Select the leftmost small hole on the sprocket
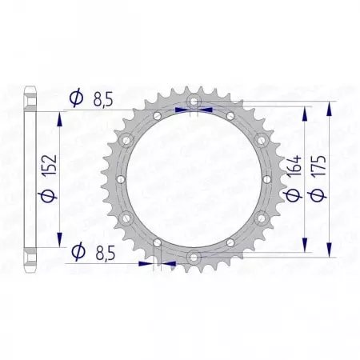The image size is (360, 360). pos(118,179)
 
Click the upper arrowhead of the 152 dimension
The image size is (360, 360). pos(60,114)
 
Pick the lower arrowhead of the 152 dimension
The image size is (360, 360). pos(60,244)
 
